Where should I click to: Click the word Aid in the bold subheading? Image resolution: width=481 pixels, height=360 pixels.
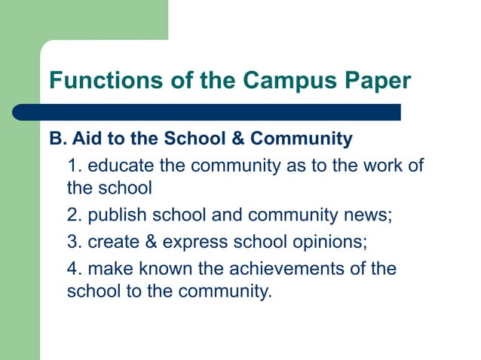coord(84,139)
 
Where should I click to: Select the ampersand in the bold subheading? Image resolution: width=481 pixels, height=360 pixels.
coord(238,139)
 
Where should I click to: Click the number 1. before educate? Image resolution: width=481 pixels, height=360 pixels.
coord(74,165)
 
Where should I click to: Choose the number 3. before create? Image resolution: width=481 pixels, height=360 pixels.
coord(74,243)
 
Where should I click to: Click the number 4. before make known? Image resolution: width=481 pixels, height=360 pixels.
coord(74,269)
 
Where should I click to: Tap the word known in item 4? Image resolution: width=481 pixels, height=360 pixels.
coord(162,269)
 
